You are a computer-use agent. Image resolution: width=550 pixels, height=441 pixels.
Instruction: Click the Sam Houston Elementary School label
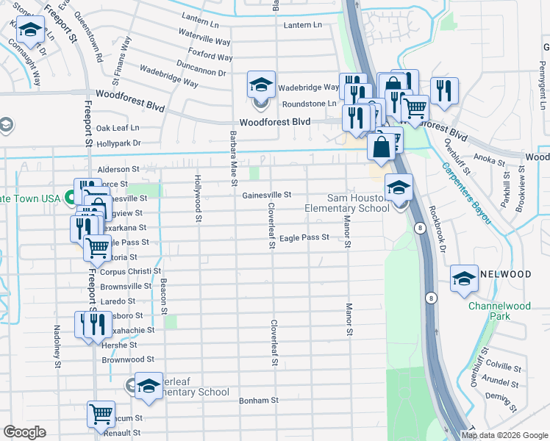coord(347,203)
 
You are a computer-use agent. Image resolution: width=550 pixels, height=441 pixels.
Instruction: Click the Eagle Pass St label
coord(304,237)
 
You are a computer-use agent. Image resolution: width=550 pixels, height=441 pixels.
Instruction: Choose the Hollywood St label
coord(198,198)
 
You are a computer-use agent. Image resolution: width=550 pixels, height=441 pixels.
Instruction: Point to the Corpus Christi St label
coord(130,271)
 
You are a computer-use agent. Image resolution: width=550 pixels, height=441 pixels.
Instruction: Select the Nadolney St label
coord(57,345)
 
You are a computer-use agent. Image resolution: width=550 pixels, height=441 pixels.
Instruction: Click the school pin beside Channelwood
coord(464,279)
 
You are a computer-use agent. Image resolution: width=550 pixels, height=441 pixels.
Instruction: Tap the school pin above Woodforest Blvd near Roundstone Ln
coord(261,85)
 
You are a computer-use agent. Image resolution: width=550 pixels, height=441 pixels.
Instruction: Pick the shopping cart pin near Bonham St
coord(101,414)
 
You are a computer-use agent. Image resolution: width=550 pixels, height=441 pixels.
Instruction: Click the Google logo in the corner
coord(24,432)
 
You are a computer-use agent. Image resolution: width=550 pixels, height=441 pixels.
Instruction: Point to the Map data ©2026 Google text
coord(504,434)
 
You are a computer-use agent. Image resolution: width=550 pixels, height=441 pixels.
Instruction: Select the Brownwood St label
coord(128,360)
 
